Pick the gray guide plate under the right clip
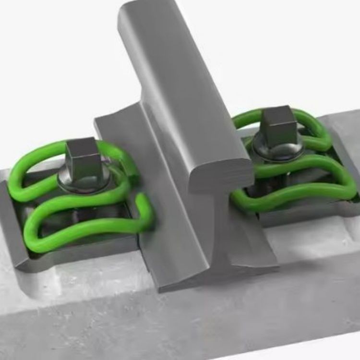307,211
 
